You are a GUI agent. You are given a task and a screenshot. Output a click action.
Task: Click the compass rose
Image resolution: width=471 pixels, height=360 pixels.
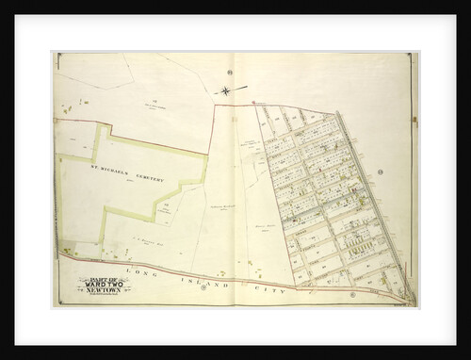click(228, 90)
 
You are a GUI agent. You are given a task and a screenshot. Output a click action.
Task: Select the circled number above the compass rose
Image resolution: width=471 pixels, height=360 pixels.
click(229, 73)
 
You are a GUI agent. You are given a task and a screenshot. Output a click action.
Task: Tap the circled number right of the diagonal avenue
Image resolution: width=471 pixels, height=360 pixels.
click(379, 173)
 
